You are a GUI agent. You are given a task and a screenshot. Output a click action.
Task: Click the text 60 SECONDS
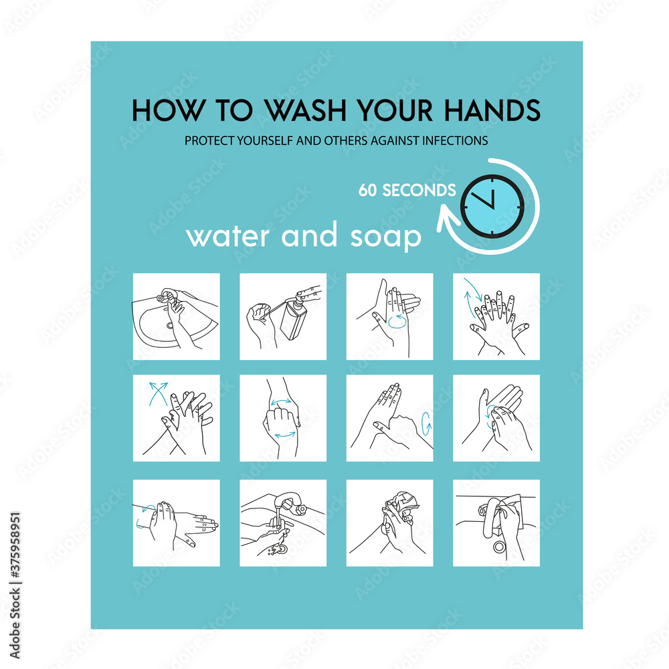click(406, 191)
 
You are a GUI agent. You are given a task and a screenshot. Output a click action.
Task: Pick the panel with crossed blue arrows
click(176, 417)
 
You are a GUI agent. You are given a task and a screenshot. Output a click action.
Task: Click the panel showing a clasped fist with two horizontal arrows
click(283, 417)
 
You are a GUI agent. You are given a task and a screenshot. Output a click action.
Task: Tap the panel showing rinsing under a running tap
click(283, 522)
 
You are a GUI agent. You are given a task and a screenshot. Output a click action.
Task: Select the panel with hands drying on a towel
click(389, 522)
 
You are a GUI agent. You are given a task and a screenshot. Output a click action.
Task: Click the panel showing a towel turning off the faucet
click(496, 522)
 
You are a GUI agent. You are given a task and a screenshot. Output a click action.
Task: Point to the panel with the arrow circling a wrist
click(176, 522)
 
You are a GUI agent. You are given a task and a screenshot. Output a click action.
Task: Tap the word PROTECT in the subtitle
click(207, 141)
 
